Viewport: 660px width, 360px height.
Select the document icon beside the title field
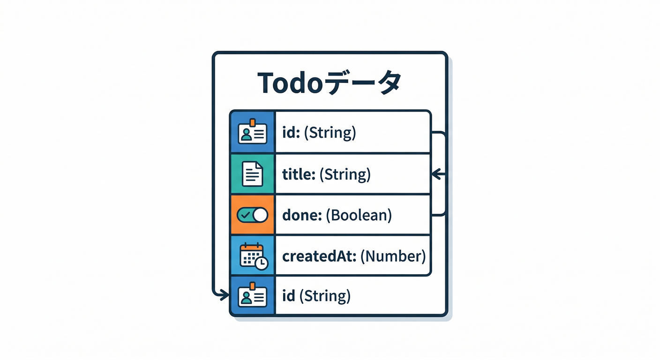click(x=252, y=174)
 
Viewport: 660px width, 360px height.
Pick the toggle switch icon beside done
click(x=252, y=215)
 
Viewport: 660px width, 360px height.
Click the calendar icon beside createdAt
click(x=253, y=256)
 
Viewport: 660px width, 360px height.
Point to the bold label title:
click(x=299, y=174)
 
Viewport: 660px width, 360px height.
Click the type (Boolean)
click(x=359, y=215)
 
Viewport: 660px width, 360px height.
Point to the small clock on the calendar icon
click(x=262, y=263)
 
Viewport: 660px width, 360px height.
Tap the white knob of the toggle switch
click(x=260, y=215)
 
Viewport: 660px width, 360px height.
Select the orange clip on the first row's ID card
click(x=253, y=123)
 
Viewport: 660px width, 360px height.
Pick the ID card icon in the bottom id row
click(x=252, y=295)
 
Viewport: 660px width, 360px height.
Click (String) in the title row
click(x=345, y=174)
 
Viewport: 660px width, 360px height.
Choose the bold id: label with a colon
click(x=292, y=133)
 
